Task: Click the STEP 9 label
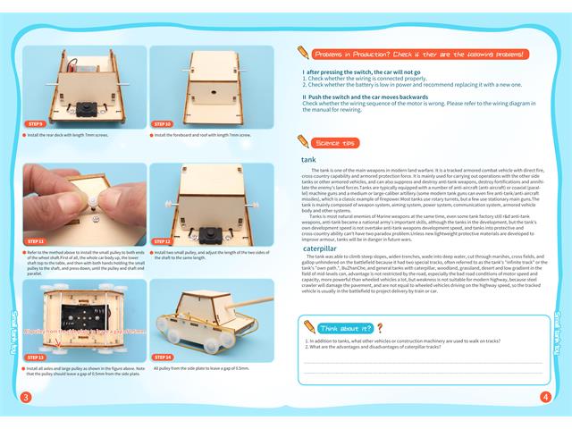coord(36,124)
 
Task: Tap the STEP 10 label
coord(164,124)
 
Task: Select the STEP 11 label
coord(36,241)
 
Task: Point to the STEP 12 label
coord(164,241)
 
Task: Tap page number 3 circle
coord(26,397)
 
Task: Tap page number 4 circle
coord(545,397)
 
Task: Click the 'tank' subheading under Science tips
coord(307,160)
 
